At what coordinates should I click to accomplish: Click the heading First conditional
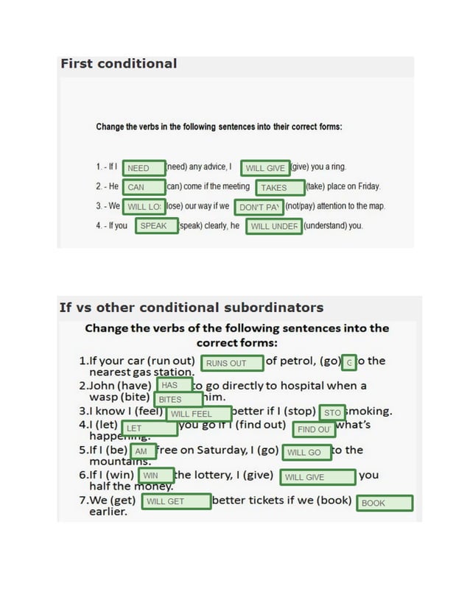[x=119, y=64]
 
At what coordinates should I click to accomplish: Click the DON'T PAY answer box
[x=259, y=207]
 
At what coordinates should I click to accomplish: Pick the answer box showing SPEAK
[x=155, y=226]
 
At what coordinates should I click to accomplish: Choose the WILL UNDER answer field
[x=274, y=226]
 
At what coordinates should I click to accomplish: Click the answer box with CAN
[x=144, y=187]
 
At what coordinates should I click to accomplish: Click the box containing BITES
[x=178, y=399]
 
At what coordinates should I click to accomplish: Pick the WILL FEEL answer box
[x=198, y=414]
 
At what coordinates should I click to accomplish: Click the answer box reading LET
[x=150, y=428]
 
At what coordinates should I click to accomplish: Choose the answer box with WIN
[x=155, y=476]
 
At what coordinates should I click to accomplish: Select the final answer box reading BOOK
[x=384, y=503]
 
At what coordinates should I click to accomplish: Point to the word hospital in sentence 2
[x=295, y=386]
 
